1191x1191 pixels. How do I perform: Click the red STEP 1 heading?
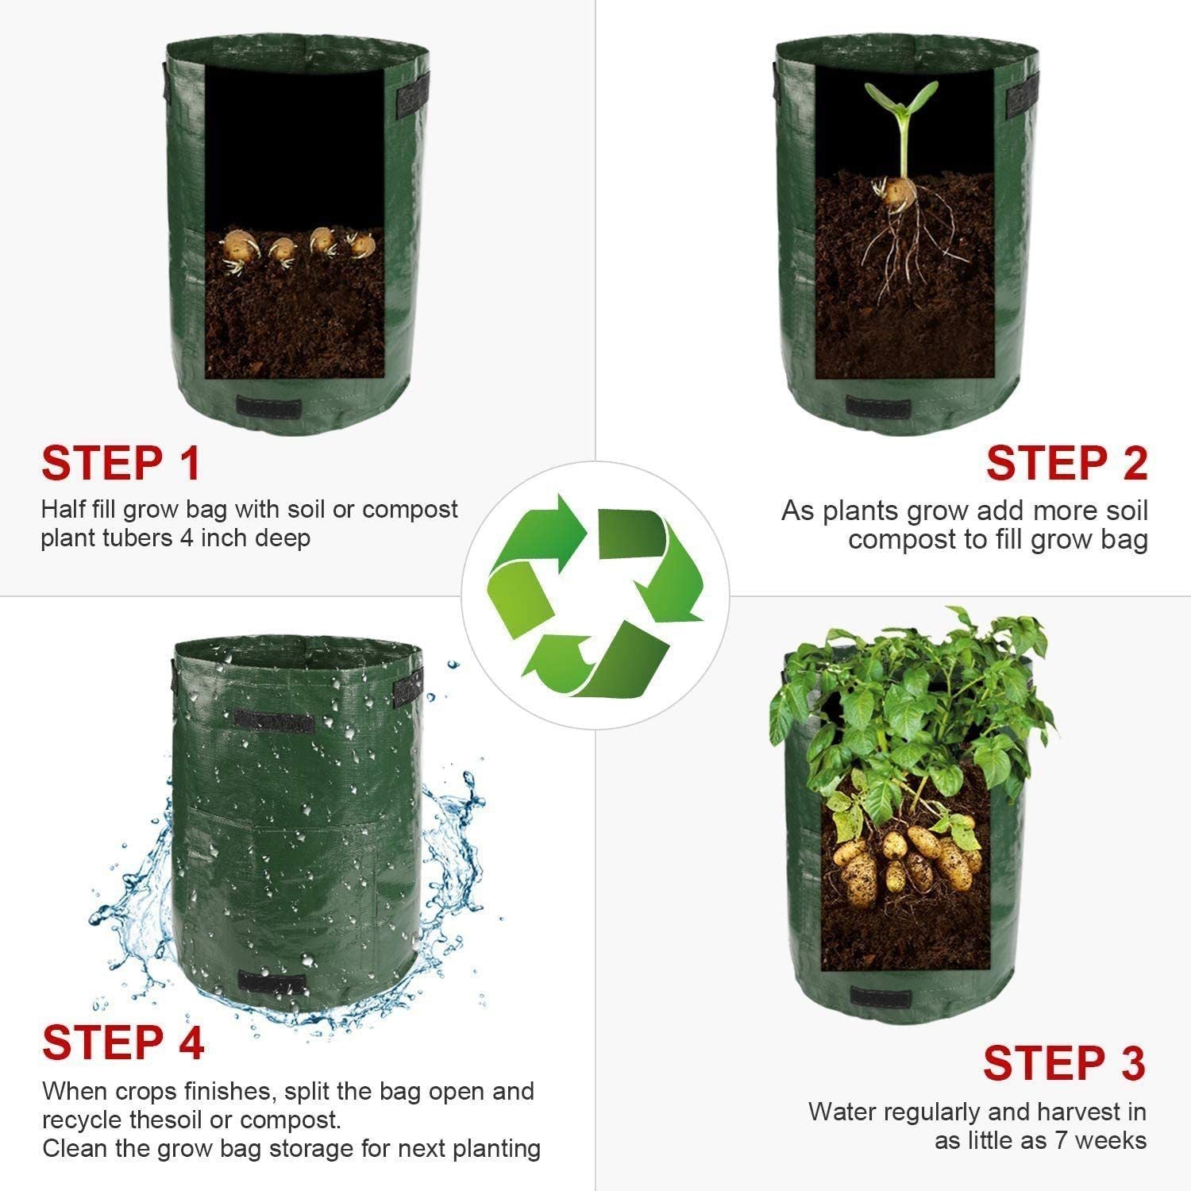coord(121,463)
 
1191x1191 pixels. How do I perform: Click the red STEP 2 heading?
coord(1067,463)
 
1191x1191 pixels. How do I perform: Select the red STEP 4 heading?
coord(123,1042)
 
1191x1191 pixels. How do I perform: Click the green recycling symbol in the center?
coord(595,595)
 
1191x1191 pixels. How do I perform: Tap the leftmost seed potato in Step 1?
coord(237,247)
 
